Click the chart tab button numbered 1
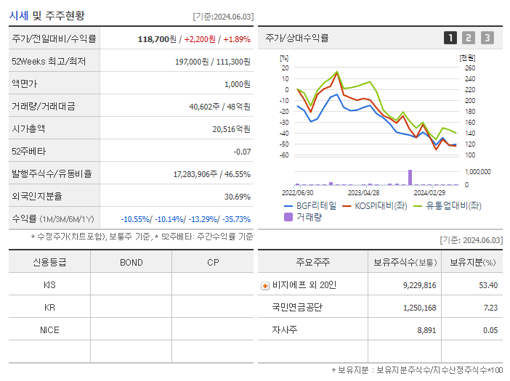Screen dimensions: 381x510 (450, 38)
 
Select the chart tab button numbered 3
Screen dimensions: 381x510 (487, 38)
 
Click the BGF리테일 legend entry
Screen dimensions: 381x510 (311, 206)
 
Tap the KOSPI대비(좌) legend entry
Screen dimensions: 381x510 (376, 206)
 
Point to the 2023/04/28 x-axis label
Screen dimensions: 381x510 (364, 193)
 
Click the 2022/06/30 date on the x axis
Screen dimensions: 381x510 (298, 193)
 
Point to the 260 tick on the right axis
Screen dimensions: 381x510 (469, 67)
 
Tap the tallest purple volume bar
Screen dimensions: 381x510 (410, 177)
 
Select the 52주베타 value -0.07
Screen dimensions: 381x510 (242, 151)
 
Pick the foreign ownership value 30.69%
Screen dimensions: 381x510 (238, 196)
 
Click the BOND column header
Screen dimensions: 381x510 (131, 262)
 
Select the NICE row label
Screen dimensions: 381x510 (49, 329)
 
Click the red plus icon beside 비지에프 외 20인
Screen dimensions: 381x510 (264, 285)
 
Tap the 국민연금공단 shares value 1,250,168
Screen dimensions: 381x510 (419, 308)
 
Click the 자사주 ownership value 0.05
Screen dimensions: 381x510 (490, 329)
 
